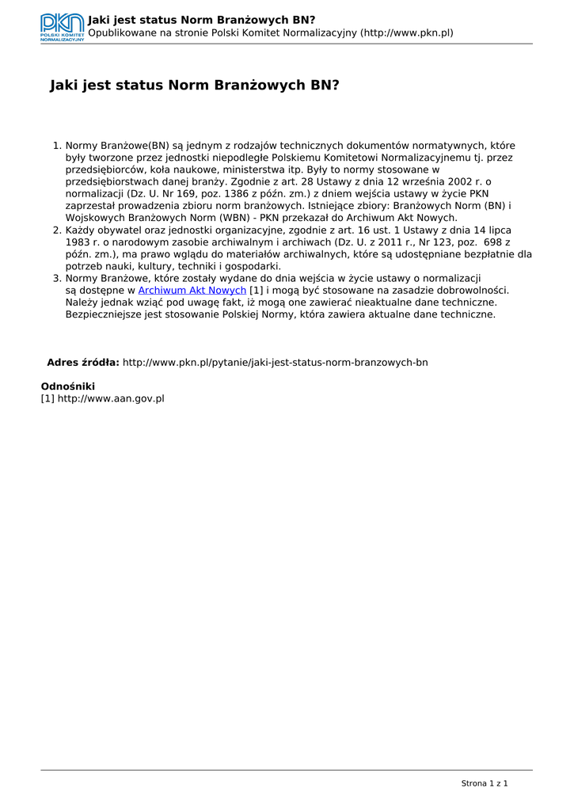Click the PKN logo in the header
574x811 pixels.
62,28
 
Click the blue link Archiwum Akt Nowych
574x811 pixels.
192,291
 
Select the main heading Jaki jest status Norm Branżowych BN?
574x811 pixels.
194,84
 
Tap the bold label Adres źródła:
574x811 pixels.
83,363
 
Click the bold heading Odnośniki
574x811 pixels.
68,386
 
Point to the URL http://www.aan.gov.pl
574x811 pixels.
110,398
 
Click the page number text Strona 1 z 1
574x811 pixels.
484,783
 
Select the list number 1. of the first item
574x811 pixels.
57,146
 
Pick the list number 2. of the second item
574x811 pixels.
57,230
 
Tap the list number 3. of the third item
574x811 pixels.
57,279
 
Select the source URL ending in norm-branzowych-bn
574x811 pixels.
275,363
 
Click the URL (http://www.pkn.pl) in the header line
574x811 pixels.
406,32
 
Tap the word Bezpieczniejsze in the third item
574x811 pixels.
103,314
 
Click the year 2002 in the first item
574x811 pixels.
446,181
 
